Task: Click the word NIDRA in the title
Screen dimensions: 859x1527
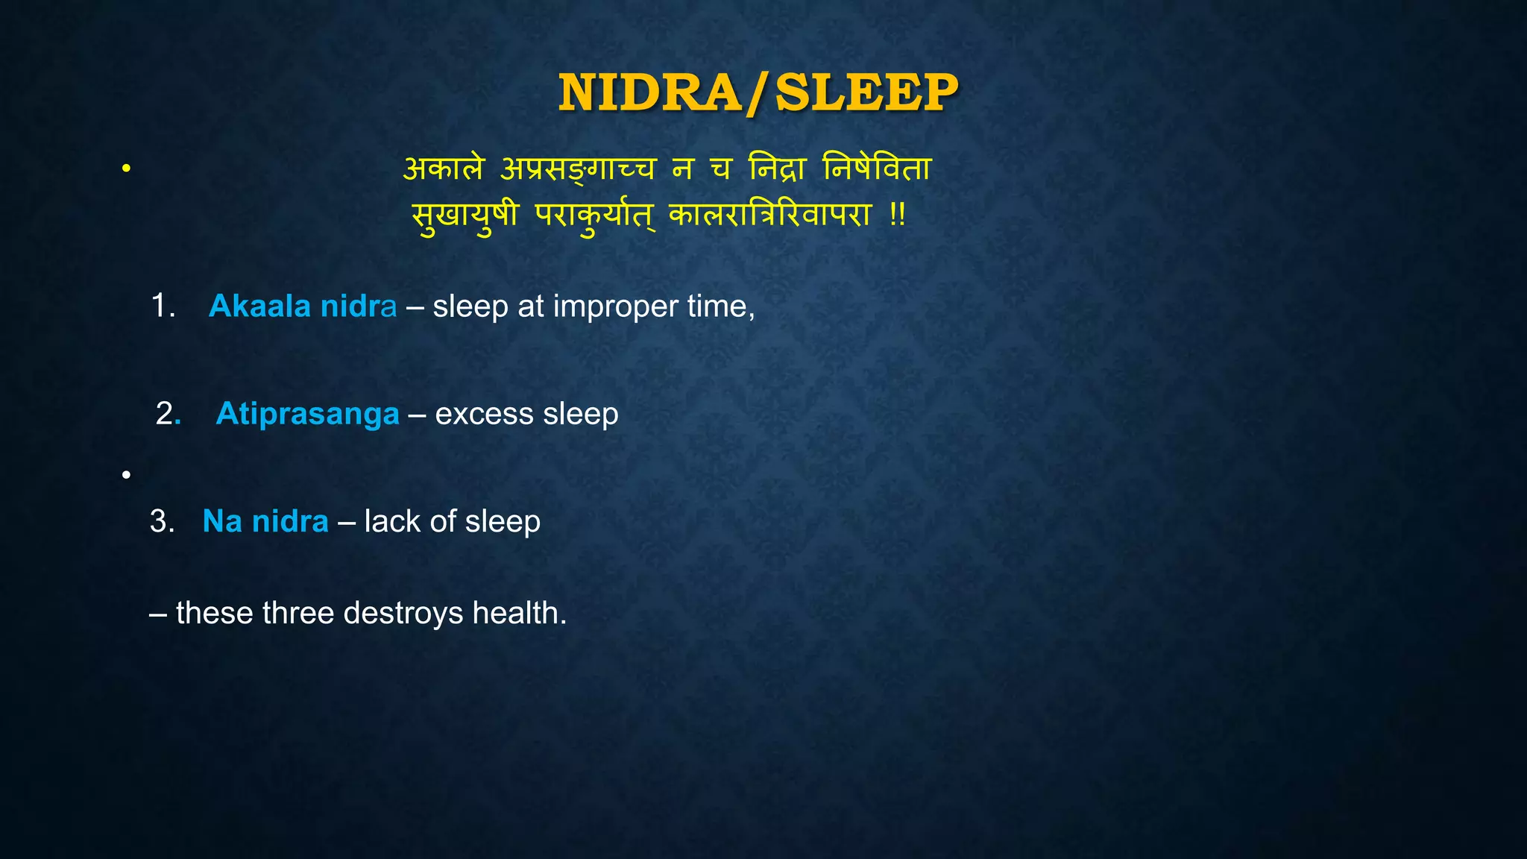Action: [x=649, y=93]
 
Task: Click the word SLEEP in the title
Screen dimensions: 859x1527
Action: [x=866, y=93]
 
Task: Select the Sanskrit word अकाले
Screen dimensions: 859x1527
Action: [x=444, y=169]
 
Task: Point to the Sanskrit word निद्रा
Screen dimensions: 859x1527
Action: [x=777, y=169]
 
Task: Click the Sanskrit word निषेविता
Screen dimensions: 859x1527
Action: [x=877, y=169]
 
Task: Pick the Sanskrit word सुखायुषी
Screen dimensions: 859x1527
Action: [x=465, y=216]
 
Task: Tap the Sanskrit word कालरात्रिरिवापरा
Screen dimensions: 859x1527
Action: [x=769, y=216]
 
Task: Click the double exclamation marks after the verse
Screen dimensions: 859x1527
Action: [x=897, y=216]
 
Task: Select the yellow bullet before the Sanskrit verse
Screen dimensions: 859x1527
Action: [x=127, y=169]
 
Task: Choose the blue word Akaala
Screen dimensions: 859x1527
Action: [x=259, y=306]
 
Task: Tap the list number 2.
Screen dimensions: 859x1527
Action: [x=166, y=414]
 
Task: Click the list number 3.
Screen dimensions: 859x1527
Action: [x=161, y=521]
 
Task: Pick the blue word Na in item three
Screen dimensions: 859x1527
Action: [x=222, y=521]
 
